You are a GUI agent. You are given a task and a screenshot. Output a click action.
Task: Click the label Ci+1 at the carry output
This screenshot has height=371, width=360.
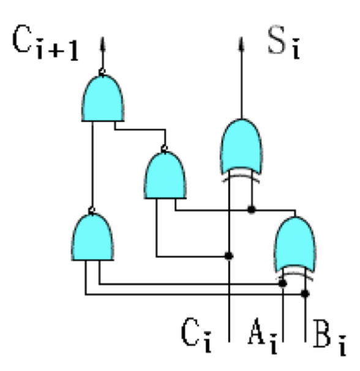point(45,42)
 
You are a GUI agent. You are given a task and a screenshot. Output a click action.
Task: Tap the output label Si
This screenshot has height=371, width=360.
point(283,43)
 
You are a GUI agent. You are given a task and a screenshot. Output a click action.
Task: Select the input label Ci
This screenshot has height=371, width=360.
point(196,335)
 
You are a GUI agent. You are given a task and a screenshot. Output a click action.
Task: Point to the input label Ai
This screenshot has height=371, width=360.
point(263,336)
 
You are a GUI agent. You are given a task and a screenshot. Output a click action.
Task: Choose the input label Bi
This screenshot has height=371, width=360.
point(329,337)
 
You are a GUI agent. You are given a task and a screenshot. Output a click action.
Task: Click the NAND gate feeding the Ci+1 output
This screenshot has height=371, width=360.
point(103,98)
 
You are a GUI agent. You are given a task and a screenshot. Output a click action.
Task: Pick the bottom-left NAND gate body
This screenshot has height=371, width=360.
point(92,236)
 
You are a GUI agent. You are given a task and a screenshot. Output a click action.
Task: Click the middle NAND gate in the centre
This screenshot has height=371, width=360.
point(165,175)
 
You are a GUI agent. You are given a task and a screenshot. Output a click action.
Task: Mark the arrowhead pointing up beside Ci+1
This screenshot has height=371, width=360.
point(102,44)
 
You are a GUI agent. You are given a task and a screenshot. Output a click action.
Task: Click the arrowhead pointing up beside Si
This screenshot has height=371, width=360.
point(241,44)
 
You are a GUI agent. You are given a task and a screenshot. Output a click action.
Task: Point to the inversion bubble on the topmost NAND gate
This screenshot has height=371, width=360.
point(102,71)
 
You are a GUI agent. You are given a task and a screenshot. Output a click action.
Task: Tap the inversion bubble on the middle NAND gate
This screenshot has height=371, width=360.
point(165,149)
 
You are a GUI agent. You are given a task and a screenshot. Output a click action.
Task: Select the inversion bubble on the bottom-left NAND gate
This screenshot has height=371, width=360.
point(92,210)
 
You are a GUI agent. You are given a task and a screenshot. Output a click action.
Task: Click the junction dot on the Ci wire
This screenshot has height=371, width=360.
point(228,256)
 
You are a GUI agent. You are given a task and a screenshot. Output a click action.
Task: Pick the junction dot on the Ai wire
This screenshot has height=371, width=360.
point(283,283)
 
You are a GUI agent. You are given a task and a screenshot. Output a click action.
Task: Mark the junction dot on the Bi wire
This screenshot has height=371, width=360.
point(305,294)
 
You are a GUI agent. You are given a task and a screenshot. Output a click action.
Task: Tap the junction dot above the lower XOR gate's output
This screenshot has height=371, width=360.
point(252,209)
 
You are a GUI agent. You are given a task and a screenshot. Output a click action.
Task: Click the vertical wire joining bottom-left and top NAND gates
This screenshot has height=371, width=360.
point(92,164)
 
